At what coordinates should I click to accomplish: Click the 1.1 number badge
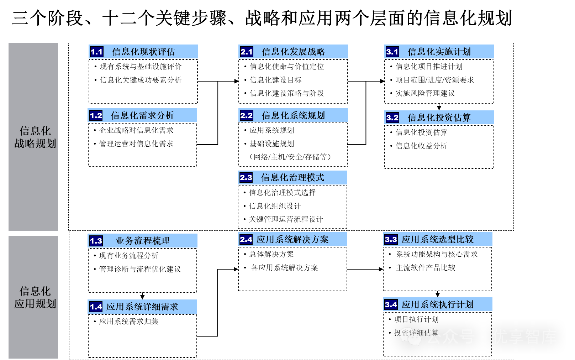coord(96,52)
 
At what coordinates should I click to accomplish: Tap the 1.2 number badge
coord(96,116)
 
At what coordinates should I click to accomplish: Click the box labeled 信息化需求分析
coord(143,115)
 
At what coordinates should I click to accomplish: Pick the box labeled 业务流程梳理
coord(143,241)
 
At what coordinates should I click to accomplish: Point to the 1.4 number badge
coord(96,307)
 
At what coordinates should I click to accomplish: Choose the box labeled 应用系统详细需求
coord(142,307)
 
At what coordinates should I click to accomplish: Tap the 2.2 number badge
coord(246,116)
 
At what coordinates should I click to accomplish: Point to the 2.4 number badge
coord(246,240)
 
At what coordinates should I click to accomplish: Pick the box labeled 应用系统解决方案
coord(292,239)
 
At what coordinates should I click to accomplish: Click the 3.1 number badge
coord(392,52)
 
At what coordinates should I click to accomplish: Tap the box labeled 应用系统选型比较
coord(438,239)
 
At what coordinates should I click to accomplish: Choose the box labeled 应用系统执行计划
coord(438,304)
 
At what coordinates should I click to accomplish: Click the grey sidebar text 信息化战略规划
coord(35,137)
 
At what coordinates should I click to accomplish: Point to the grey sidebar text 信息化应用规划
coord(35,297)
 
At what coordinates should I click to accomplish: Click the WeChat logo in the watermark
coord(410,336)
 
